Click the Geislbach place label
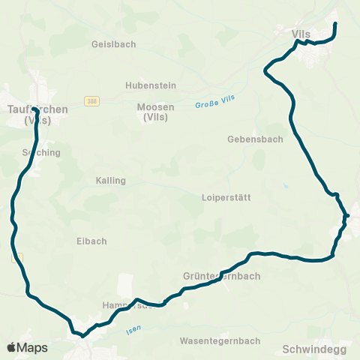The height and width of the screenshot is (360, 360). click(113, 44)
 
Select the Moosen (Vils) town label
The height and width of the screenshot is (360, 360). click(156, 112)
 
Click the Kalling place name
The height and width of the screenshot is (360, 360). click(111, 181)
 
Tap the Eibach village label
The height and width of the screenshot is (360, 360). click(91, 241)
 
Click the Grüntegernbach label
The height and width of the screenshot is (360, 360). click(222, 276)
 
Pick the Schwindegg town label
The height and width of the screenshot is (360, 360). click(314, 349)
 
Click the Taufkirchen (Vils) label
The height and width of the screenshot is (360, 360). click(37, 114)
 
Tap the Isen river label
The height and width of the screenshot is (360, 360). click(133, 328)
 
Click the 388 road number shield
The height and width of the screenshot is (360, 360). click(91, 100)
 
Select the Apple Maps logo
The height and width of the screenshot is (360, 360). click(27, 347)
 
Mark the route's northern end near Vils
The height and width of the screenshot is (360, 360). click(334, 25)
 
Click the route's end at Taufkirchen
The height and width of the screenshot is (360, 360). click(35, 111)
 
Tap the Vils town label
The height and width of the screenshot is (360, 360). click(301, 33)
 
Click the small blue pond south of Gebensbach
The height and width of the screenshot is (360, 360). click(286, 185)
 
